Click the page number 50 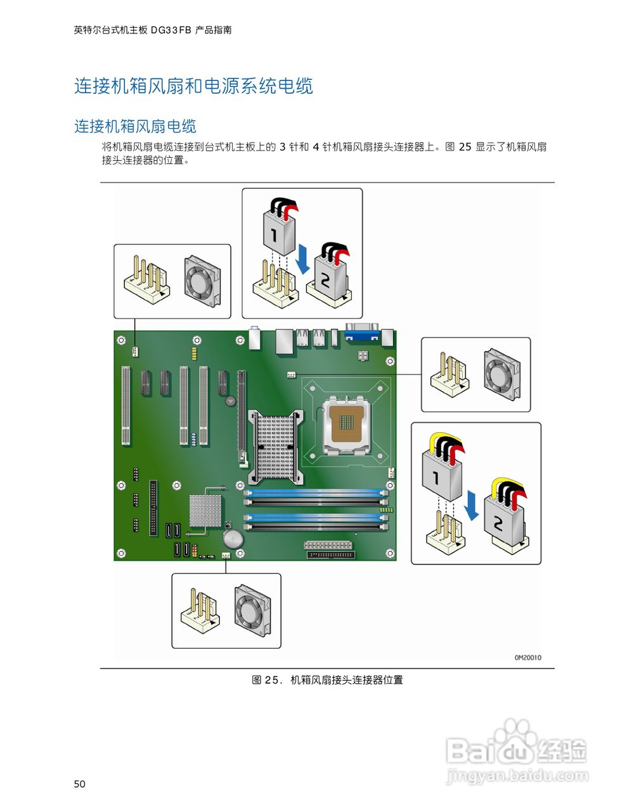tap(79, 784)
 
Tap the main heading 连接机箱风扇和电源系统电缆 tap(193, 86)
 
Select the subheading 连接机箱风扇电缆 tap(135, 126)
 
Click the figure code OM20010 tap(527, 658)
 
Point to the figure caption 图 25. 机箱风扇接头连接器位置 tap(327, 680)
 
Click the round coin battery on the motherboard tap(233, 539)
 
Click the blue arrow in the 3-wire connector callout tap(304, 260)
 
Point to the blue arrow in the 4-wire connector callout tap(470, 505)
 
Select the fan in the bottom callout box tap(253, 606)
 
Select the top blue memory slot tap(316, 492)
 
